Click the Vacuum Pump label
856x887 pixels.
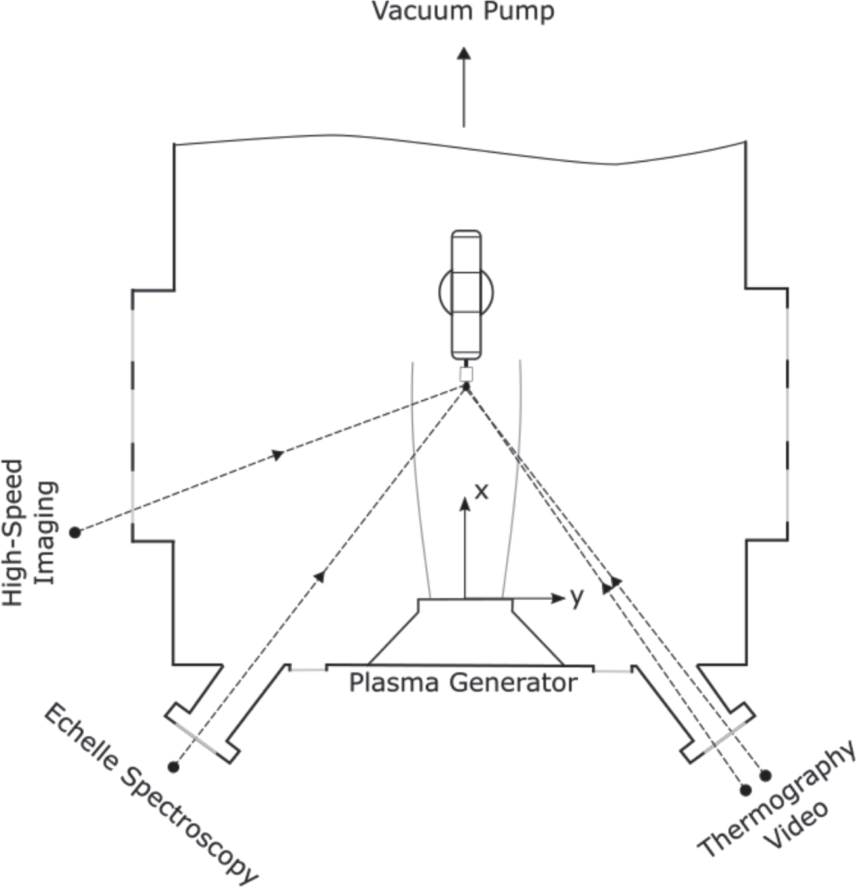463,12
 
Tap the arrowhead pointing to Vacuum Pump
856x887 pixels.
464,53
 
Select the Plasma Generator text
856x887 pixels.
463,683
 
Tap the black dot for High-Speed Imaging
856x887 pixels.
75,532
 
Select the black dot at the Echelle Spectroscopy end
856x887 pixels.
173,767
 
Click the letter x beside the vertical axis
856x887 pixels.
482,491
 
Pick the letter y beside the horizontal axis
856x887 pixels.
576,596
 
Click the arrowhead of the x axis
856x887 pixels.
465,504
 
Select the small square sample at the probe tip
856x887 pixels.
466,374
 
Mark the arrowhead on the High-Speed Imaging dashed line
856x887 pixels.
277,454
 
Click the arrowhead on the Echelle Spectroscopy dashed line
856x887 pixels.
320,575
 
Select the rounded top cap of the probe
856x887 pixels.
466,235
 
